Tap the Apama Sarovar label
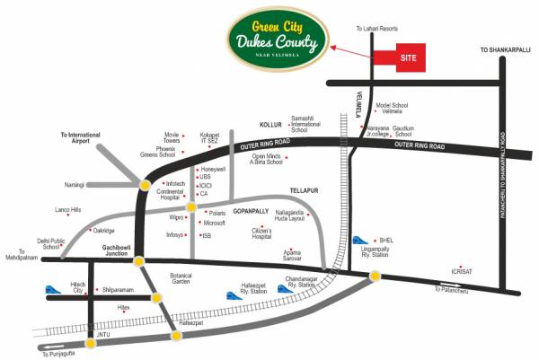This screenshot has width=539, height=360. [x=292, y=255]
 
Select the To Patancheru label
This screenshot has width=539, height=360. [x=452, y=288]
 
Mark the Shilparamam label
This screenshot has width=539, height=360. [x=118, y=290]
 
